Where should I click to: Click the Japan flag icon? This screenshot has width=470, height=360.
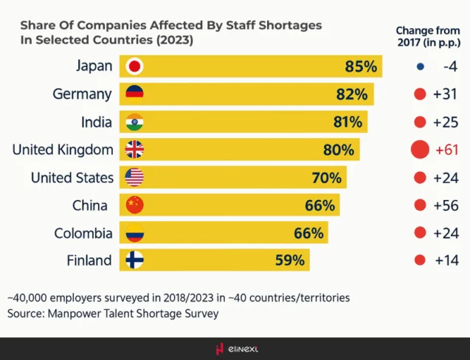click(x=134, y=66)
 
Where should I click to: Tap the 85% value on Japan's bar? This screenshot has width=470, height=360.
click(x=360, y=66)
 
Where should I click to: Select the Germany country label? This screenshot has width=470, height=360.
click(x=82, y=94)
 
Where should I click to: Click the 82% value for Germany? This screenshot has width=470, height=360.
click(x=351, y=94)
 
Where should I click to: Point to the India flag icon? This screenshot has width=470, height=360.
click(x=134, y=122)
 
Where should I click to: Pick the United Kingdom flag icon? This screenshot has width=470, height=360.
click(x=134, y=150)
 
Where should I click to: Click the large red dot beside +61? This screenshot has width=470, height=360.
click(x=420, y=150)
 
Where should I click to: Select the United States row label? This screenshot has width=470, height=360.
click(x=72, y=178)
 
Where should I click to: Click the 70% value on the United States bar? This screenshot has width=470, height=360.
click(x=325, y=178)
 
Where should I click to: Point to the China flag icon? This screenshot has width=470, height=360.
click(x=134, y=205)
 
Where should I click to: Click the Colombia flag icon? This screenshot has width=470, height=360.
click(x=134, y=233)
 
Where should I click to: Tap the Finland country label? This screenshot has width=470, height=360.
click(x=88, y=260)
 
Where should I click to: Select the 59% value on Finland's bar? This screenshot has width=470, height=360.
click(x=288, y=260)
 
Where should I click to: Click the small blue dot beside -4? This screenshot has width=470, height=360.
click(x=420, y=66)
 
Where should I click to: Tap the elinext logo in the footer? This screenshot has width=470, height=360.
click(x=236, y=348)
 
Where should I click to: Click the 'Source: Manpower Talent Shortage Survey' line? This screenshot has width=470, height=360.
click(x=113, y=314)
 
